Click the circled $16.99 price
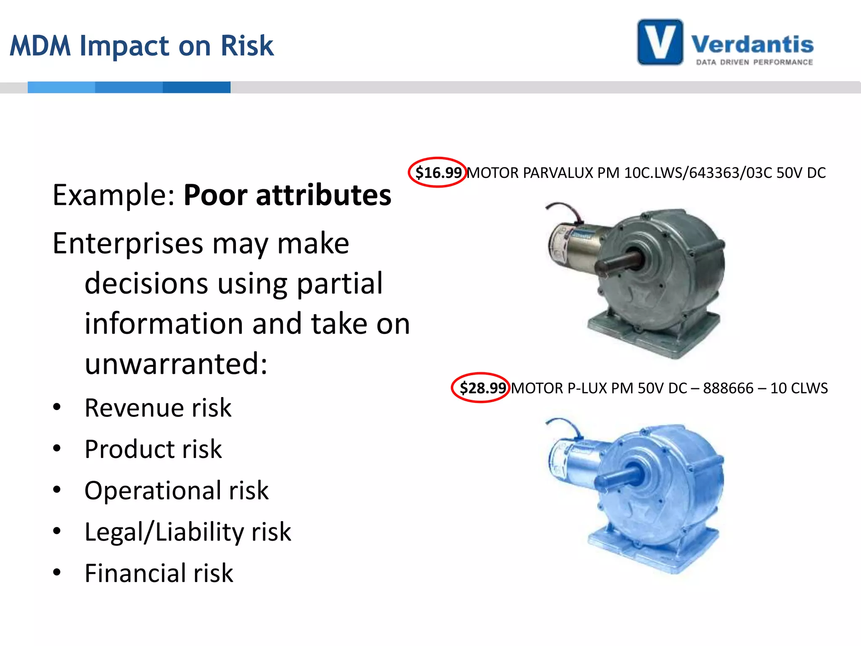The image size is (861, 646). [x=438, y=172]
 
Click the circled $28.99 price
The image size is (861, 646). [x=481, y=388]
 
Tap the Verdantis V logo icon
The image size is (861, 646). [x=660, y=42]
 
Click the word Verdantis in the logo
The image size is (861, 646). [x=752, y=45]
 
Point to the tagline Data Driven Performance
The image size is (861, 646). [x=754, y=62]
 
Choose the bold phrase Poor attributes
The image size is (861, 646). [x=288, y=195]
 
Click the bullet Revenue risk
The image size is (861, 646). [x=158, y=408]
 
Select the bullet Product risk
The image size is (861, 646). [x=153, y=449]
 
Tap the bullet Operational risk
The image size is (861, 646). [x=176, y=490]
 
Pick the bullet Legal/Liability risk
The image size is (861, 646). [x=188, y=532]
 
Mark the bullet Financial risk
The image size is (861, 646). [x=158, y=573]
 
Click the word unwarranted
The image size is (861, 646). [x=176, y=364]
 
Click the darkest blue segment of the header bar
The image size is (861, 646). [x=196, y=87]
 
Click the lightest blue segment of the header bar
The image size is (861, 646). [x=61, y=87]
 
